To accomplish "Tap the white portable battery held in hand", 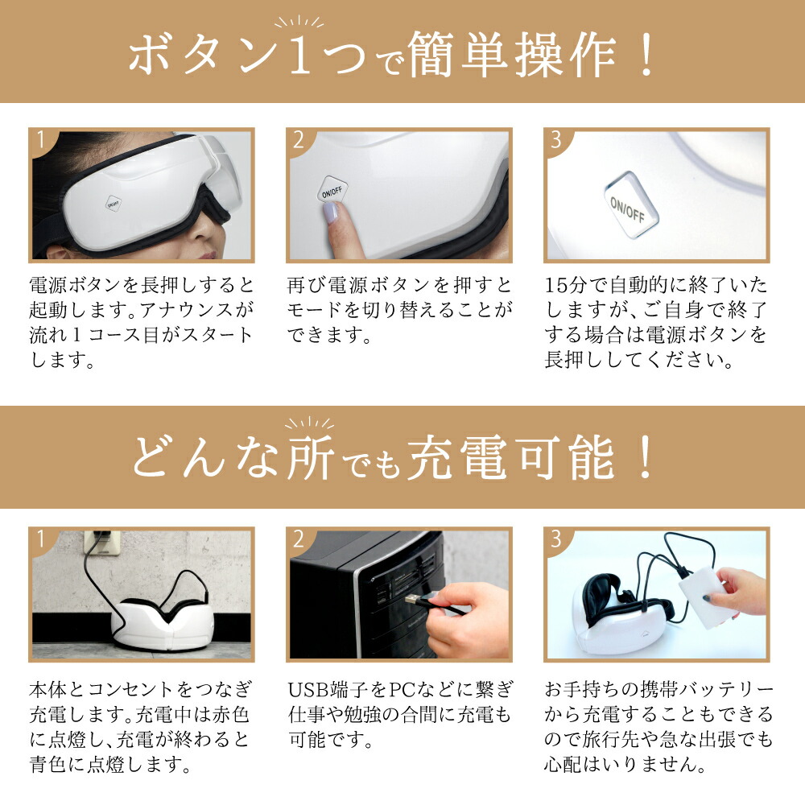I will pos(707,593).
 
